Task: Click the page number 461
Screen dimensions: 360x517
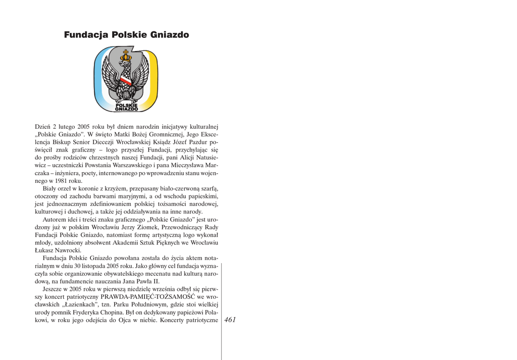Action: coord(230,320)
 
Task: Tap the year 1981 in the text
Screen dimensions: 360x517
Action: coord(57,180)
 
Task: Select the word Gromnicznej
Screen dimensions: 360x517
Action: coord(161,134)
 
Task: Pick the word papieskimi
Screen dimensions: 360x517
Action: coord(201,196)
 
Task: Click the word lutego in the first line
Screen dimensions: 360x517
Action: coord(67,127)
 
